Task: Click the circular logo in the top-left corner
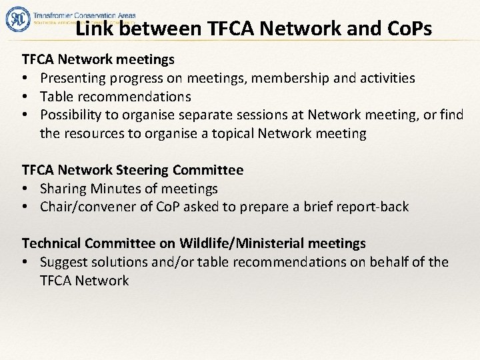(18, 19)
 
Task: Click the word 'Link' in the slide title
(93, 29)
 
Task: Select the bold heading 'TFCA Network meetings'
(99, 61)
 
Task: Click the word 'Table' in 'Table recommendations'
(55, 97)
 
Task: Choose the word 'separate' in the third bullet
(217, 115)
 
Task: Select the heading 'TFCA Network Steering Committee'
(133, 171)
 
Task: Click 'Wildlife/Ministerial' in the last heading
(274, 244)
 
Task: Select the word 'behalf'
(381, 262)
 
